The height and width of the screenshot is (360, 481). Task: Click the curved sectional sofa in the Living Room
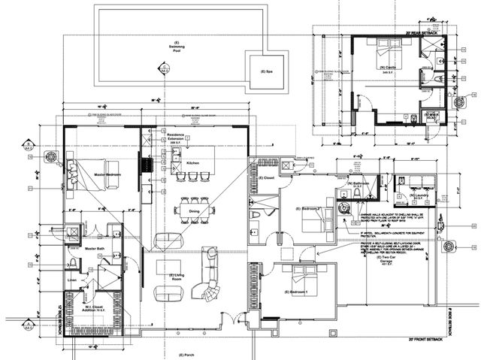point(207,275)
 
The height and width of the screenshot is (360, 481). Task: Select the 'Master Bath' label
point(95,247)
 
